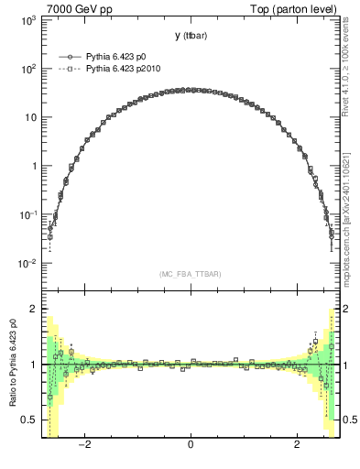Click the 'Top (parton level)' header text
click(x=294, y=8)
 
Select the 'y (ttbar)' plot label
click(x=190, y=36)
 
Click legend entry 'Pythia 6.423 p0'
click(x=116, y=57)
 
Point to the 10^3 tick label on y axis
click(x=27, y=19)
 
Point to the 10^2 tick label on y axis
click(x=27, y=69)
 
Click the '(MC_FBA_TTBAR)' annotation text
click(x=190, y=274)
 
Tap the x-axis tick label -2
click(x=83, y=445)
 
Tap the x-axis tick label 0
click(x=190, y=445)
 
